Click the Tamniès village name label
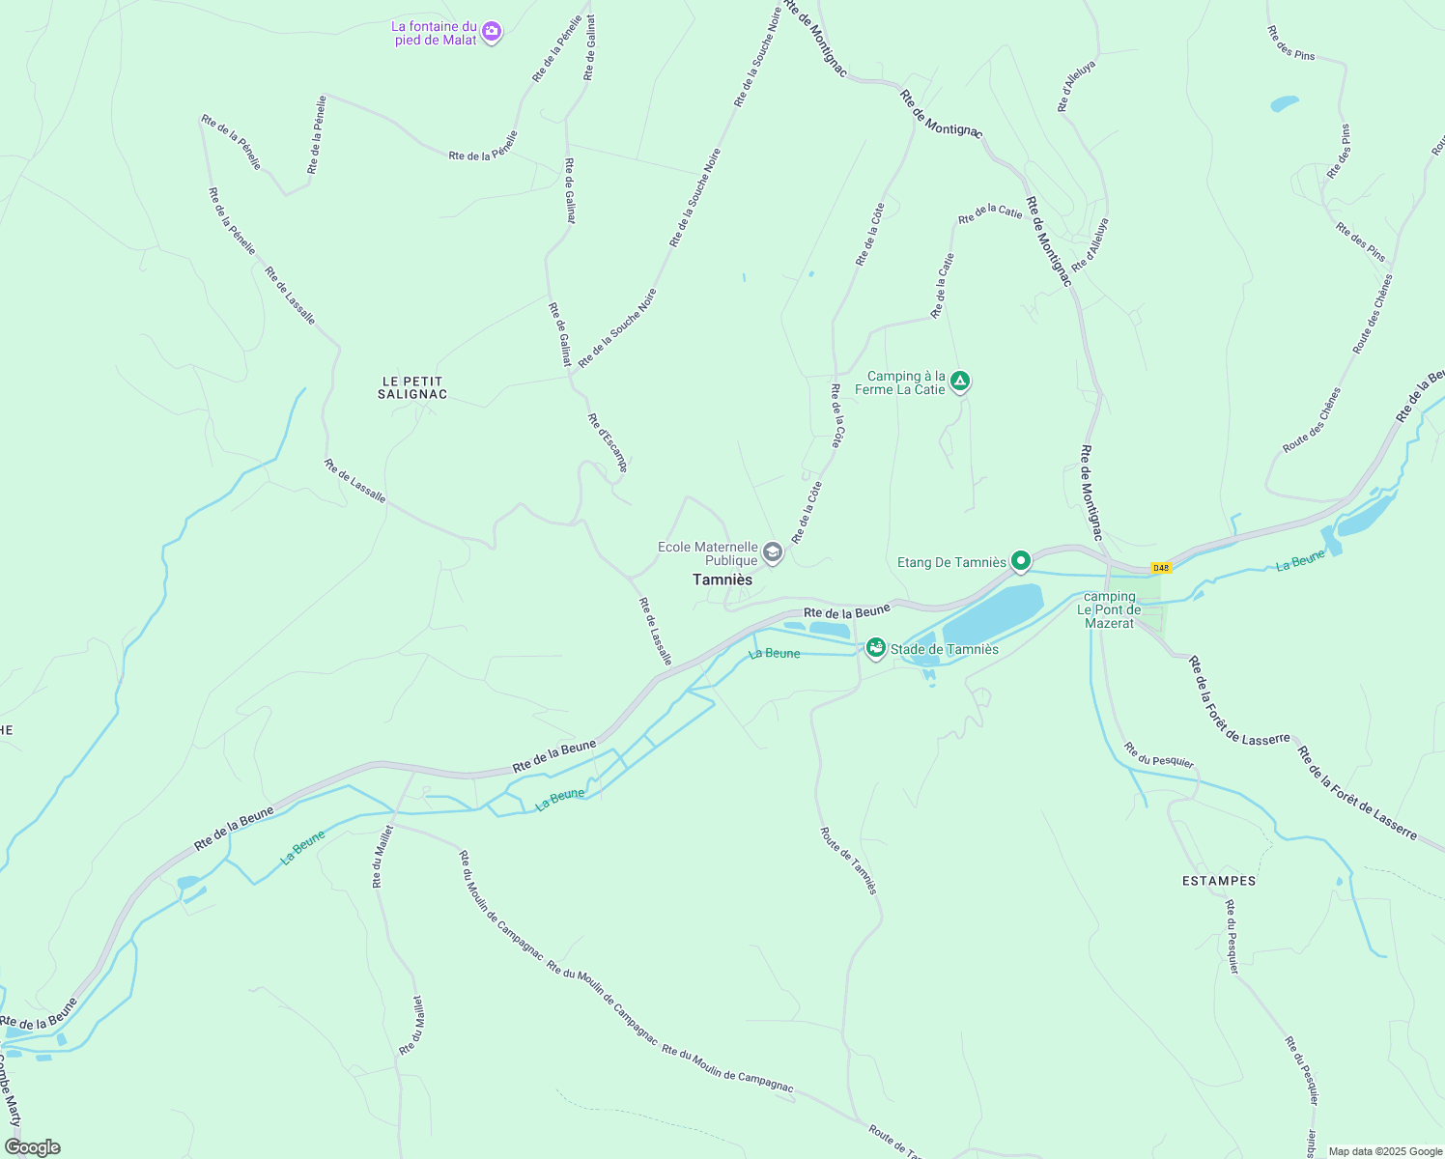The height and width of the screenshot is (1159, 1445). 722,579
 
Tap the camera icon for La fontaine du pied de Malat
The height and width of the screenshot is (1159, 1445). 492,32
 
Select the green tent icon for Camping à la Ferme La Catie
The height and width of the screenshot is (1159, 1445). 959,382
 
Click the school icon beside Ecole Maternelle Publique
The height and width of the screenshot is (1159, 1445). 772,552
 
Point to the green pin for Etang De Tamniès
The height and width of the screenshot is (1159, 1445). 1020,560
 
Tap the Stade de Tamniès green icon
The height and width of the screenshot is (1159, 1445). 875,647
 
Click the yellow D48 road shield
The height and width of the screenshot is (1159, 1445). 1160,568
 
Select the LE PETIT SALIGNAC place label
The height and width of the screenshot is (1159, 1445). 412,388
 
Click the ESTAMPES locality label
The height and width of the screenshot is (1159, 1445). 1219,881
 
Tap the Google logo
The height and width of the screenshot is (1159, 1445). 32,1147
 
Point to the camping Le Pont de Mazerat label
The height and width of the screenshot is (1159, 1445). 1109,609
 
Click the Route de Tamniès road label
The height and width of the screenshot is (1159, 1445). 849,860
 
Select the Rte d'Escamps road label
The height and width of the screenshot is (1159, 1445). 608,442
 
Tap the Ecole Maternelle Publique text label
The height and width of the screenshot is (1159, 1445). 708,553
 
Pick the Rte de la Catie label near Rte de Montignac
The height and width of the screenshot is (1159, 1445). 990,213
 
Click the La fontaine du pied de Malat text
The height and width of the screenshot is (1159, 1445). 434,33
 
